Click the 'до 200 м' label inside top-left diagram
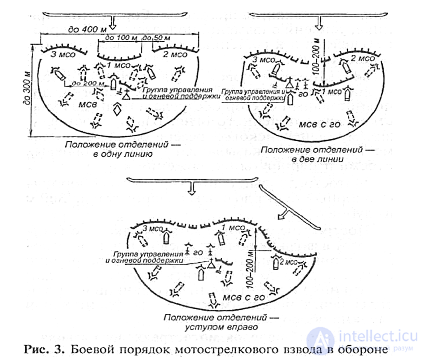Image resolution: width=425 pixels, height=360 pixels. (x=87, y=83)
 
